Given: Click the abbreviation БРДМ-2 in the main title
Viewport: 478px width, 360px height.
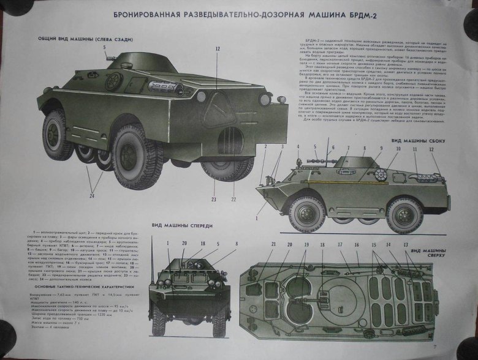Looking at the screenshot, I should point(366,15).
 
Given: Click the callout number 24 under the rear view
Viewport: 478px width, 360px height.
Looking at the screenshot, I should point(91,196).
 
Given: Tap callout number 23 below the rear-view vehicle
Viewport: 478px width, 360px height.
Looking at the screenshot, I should point(214,199).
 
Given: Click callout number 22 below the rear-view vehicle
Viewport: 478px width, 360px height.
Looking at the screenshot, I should point(233,199).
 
